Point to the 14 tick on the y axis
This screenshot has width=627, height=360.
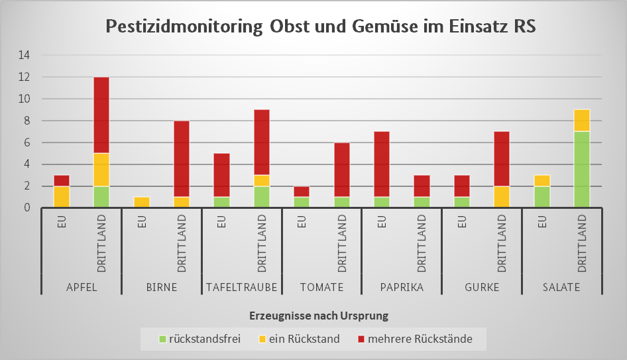[x=24, y=56]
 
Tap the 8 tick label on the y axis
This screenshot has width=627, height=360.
[x=27, y=121]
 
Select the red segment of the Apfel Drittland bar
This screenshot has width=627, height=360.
[x=101, y=115]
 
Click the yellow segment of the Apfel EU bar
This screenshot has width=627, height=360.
[x=62, y=197]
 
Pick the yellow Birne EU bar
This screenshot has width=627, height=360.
[x=142, y=202]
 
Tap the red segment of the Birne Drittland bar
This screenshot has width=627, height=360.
[x=182, y=158]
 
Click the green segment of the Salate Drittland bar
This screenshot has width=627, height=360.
[x=581, y=169]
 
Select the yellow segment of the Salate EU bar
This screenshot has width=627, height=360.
[x=541, y=180]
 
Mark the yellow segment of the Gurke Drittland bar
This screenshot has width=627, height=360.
[x=501, y=197]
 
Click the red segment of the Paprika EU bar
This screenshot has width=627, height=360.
[x=382, y=164]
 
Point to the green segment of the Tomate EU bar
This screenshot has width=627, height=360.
[x=302, y=202]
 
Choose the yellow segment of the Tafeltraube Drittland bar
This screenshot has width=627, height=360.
[x=261, y=180]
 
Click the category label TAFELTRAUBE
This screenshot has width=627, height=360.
[x=242, y=287]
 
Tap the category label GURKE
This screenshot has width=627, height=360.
[x=481, y=287]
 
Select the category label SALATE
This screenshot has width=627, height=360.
[x=561, y=287]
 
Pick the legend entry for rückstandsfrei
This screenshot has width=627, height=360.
[x=199, y=339]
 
